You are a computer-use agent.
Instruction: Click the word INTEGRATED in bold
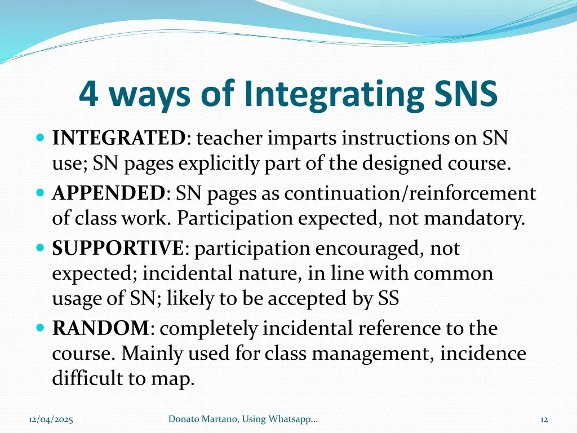(119, 138)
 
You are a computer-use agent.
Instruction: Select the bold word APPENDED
(109, 193)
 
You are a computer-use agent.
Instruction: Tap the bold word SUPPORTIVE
(118, 248)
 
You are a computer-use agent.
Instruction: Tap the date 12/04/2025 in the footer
(51, 419)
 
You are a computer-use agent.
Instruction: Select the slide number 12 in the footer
(544, 419)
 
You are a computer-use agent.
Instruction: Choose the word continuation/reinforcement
(410, 193)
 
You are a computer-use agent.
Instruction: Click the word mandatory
(474, 219)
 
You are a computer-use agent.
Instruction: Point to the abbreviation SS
(388, 299)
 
